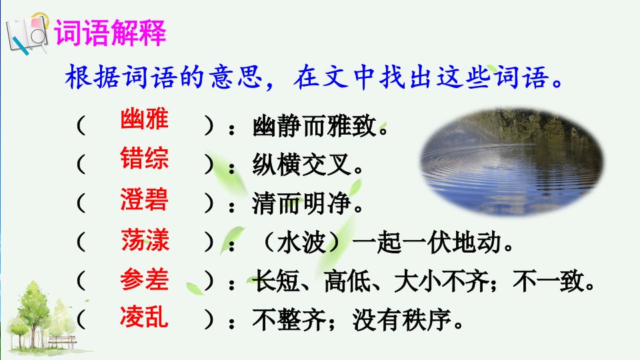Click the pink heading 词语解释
(111, 32)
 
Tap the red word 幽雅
(145, 119)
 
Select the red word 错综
(145, 158)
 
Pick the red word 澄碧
(145, 199)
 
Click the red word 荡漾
(145, 239)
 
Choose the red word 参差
(145, 279)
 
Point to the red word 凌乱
(144, 317)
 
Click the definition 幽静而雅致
(314, 126)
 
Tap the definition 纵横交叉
(302, 165)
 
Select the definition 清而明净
(302, 203)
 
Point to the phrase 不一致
(548, 281)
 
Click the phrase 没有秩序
(402, 320)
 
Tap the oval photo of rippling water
(512, 162)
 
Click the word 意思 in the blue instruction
(236, 77)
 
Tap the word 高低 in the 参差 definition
(349, 281)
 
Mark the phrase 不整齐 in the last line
(289, 320)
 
